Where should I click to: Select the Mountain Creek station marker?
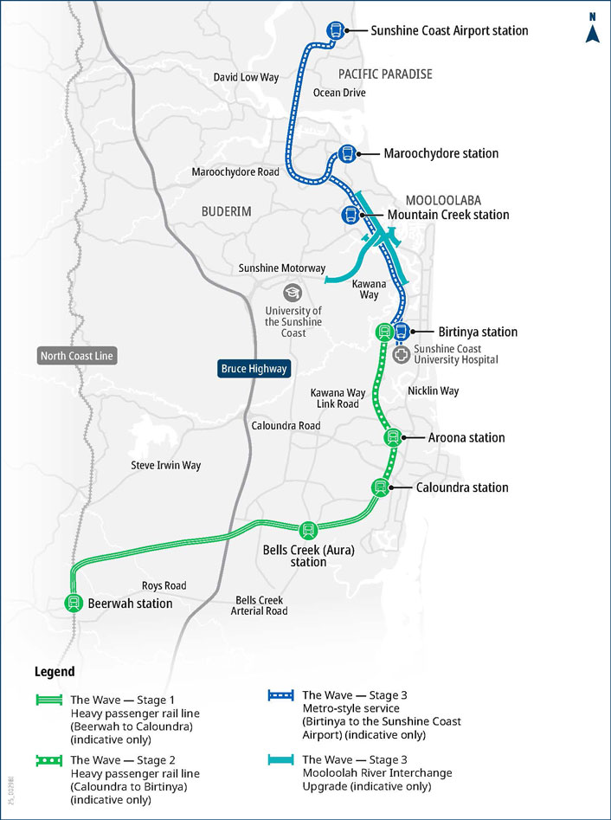(351, 215)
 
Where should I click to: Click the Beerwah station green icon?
(73, 604)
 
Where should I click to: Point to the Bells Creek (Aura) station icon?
(307, 530)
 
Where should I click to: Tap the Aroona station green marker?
(392, 438)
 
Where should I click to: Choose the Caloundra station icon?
(379, 487)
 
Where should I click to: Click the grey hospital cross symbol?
(401, 353)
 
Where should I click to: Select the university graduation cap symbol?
(292, 292)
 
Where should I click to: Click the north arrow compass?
(593, 29)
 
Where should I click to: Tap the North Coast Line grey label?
(77, 356)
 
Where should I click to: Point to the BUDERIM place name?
(225, 210)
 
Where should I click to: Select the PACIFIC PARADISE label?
(385, 74)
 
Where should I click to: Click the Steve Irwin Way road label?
(165, 465)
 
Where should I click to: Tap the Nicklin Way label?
(433, 391)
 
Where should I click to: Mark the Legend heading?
(55, 672)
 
